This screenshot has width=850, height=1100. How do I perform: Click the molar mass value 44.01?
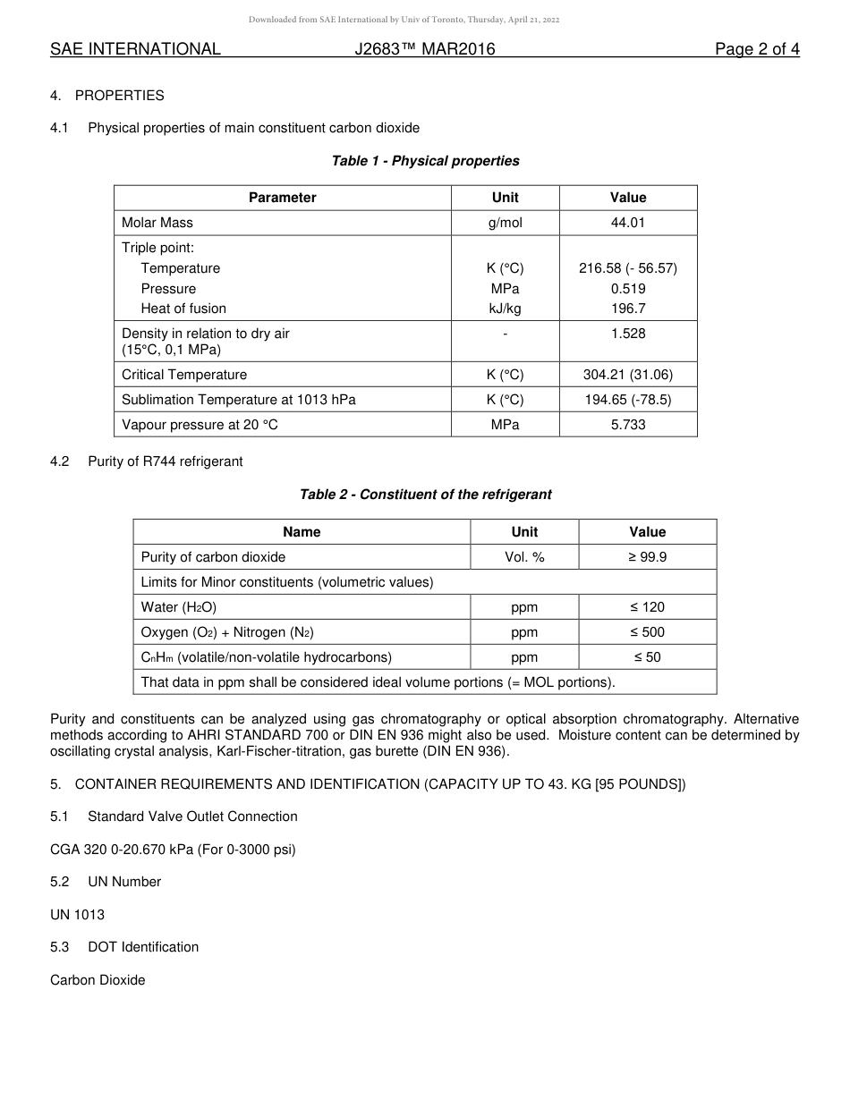(x=627, y=223)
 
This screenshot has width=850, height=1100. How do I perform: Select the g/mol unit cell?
(x=505, y=223)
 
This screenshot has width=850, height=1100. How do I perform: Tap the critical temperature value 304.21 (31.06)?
(x=627, y=375)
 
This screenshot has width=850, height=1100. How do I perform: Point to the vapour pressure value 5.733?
(x=627, y=425)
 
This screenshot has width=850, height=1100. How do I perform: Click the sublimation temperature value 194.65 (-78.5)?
(x=627, y=400)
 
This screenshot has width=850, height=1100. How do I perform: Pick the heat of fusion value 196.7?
(x=627, y=309)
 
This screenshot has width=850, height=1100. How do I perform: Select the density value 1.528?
(x=627, y=334)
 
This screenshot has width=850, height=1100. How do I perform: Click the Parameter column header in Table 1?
(x=282, y=198)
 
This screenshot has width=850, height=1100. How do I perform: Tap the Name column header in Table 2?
(x=302, y=532)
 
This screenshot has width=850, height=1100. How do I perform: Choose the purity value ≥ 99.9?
(x=647, y=557)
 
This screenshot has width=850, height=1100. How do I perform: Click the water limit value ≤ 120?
(x=647, y=607)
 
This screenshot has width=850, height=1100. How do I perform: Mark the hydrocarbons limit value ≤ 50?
(x=647, y=657)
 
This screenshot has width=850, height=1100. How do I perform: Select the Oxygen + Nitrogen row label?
(x=227, y=632)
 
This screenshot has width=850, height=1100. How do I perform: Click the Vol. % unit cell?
(x=524, y=557)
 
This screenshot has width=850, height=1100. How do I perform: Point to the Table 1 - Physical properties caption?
(x=425, y=161)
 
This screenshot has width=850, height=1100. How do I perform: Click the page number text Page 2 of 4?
(x=757, y=49)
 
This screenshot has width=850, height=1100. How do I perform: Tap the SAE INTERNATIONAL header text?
(x=135, y=49)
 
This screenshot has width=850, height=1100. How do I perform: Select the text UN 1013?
(x=77, y=915)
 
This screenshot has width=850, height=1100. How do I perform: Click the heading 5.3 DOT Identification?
(x=124, y=947)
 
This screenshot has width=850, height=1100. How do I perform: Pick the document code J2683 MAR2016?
(x=425, y=49)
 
